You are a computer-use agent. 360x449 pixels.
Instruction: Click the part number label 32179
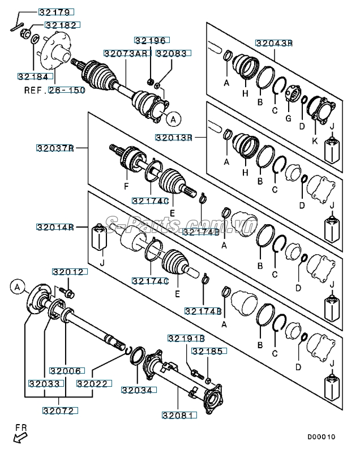click(x=56, y=12)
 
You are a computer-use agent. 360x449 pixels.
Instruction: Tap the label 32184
click(x=35, y=76)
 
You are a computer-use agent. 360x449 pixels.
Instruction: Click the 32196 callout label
click(x=151, y=40)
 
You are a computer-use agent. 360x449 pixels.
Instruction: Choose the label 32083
click(x=174, y=53)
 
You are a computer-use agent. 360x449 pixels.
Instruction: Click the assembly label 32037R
click(x=55, y=148)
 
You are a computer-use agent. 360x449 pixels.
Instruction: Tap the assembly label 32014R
click(x=55, y=227)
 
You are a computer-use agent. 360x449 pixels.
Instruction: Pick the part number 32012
click(x=70, y=272)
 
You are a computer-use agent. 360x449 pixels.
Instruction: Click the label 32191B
click(x=186, y=338)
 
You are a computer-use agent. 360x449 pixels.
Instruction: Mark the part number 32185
click(x=209, y=352)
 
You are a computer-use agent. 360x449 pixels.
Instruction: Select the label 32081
click(x=178, y=414)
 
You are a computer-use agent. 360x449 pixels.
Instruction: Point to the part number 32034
click(x=136, y=390)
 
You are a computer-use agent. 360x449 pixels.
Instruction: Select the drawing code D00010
click(x=322, y=437)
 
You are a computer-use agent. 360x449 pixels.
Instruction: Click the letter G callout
click(x=288, y=118)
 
